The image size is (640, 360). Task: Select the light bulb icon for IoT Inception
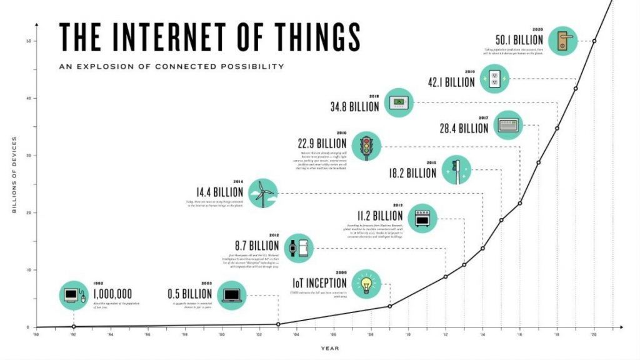click(367, 284)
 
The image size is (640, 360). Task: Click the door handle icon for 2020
click(563, 41)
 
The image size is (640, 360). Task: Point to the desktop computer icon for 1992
click(74, 294)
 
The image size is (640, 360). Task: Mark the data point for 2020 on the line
click(594, 41)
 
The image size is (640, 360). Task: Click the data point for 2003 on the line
click(278, 324)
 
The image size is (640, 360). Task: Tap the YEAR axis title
click(331, 348)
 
